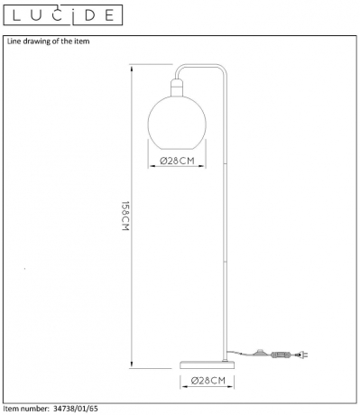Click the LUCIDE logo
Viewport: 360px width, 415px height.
pos(63,15)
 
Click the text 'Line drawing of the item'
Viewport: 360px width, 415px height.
pos(49,41)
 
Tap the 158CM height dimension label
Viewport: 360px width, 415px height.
pos(125,216)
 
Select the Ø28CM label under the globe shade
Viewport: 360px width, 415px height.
pos(177,161)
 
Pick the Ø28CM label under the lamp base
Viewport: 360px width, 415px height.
pos(208,381)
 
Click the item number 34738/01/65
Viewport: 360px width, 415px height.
pos(76,409)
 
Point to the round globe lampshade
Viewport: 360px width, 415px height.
pos(177,123)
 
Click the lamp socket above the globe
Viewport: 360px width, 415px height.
pos(177,88)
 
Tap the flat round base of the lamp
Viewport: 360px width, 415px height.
pos(208,365)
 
